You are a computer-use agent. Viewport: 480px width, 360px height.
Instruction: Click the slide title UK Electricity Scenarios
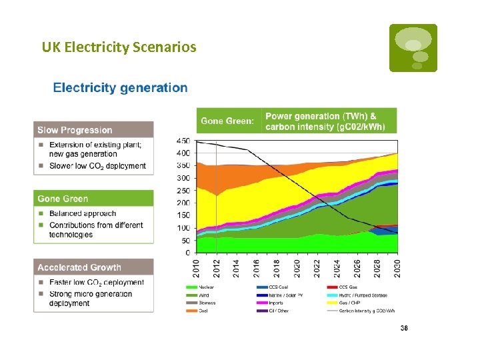119,47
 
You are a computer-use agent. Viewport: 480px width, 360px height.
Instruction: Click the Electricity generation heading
120,87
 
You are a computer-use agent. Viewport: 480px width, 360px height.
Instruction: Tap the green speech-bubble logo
413,47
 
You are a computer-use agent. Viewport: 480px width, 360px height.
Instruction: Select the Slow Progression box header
93,130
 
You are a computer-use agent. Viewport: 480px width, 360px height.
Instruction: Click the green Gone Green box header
93,199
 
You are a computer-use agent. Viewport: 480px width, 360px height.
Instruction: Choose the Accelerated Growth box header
93,267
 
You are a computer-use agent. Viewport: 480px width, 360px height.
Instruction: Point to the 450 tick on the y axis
183,141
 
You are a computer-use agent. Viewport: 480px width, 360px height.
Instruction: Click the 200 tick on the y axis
183,203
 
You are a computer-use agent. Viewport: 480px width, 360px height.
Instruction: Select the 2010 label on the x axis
197,269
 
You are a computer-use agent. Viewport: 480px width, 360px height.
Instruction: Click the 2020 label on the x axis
297,269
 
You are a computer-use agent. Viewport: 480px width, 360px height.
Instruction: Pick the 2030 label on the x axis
398,269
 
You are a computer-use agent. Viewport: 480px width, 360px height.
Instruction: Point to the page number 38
404,328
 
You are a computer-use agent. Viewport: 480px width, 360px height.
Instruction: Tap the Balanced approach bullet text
82,214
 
